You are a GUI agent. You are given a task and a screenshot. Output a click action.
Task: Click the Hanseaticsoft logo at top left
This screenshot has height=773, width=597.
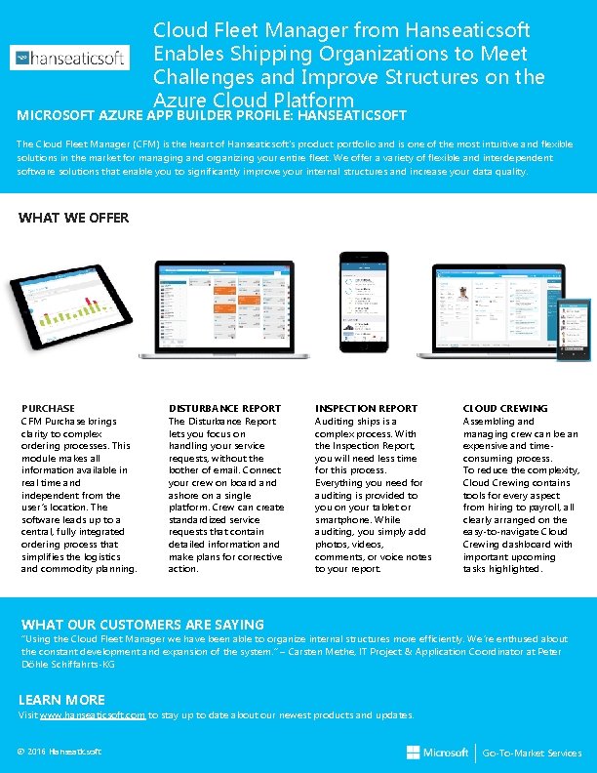[x=69, y=59]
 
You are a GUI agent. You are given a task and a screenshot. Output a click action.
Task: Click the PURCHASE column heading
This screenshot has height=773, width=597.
[x=48, y=408]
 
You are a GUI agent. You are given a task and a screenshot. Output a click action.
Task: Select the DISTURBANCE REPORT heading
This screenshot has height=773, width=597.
[x=224, y=408]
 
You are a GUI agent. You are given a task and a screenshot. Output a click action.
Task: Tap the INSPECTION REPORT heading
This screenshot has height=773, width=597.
[x=366, y=408]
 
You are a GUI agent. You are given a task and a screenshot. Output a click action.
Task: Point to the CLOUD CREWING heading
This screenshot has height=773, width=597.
[x=504, y=408]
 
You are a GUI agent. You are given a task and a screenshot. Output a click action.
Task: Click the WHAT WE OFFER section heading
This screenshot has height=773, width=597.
[x=73, y=218]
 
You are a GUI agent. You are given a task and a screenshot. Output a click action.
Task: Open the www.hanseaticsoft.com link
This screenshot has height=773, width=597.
[x=93, y=715]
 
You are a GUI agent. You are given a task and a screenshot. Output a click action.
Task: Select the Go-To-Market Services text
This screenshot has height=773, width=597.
[x=533, y=753]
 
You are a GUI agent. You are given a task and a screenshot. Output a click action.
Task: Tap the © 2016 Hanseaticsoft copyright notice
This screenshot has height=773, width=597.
[x=59, y=752]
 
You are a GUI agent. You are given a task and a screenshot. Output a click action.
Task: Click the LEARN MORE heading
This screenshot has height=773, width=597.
[x=61, y=700]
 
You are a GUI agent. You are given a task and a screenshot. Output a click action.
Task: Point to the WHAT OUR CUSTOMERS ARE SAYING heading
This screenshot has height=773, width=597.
[x=142, y=624]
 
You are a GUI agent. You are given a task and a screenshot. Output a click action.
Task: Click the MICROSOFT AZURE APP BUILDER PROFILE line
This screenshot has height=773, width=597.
[x=212, y=116]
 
